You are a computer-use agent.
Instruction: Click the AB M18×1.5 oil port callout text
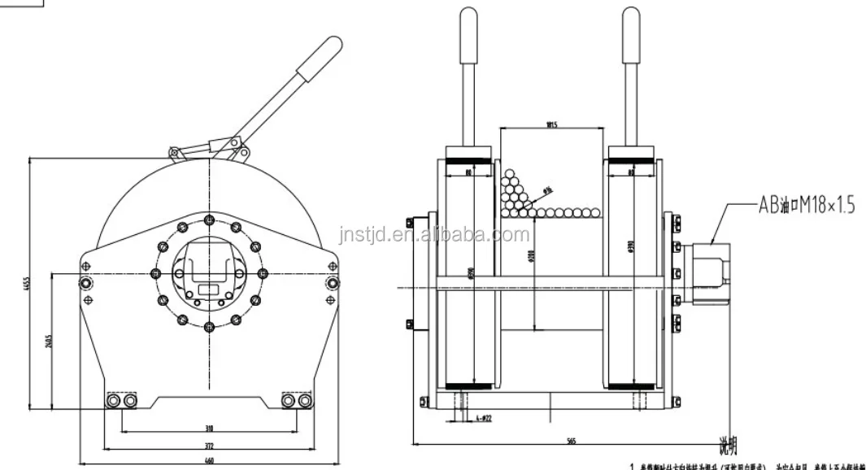(807, 207)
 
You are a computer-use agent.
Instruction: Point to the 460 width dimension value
(209, 461)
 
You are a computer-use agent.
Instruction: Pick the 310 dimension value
(209, 427)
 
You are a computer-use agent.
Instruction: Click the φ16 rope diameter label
(547, 191)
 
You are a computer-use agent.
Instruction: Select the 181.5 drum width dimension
(551, 124)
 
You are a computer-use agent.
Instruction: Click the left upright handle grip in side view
(468, 36)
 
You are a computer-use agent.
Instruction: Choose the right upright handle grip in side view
(630, 36)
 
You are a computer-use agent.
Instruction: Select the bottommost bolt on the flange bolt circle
(210, 327)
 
